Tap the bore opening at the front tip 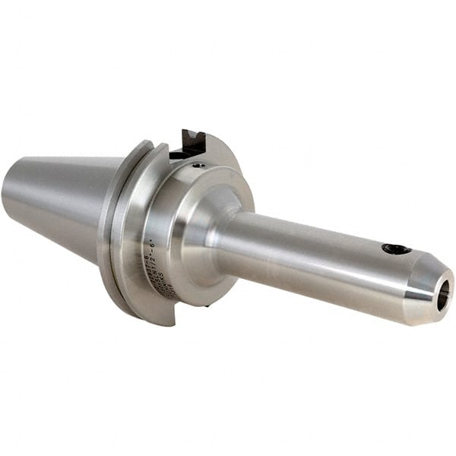(x=444, y=290)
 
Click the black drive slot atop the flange (x=189, y=144)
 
